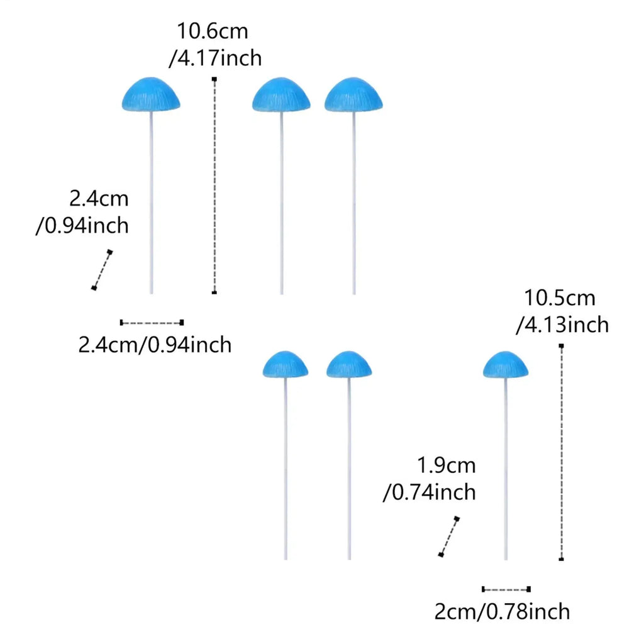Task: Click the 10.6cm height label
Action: (x=213, y=31)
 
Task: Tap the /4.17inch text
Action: (x=215, y=58)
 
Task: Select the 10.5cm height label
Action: (x=559, y=298)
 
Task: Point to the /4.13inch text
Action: (x=562, y=325)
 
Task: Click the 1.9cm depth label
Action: (x=446, y=466)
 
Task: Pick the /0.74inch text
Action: (x=429, y=492)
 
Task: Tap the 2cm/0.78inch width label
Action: (x=502, y=612)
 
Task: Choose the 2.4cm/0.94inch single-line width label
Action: (x=155, y=345)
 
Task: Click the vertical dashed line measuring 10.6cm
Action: (x=214, y=186)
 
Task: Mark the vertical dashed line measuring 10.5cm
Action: (x=561, y=452)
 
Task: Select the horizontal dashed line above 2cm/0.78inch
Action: (x=506, y=589)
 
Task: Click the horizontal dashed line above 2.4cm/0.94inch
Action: (x=152, y=323)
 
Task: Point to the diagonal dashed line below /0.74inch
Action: (x=449, y=536)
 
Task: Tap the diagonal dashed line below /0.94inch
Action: (x=102, y=270)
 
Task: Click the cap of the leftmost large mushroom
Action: (x=151, y=94)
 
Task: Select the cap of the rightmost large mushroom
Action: (x=353, y=94)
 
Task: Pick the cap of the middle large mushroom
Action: (x=281, y=94)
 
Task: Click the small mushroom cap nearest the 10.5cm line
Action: (x=506, y=364)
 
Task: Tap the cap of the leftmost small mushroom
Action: (x=285, y=364)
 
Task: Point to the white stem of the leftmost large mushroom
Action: (x=151, y=203)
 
